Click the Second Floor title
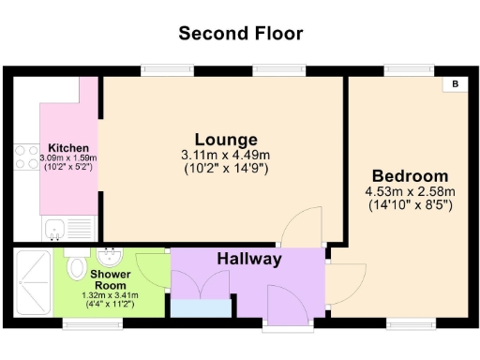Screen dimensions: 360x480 pyautogui.click(x=241, y=34)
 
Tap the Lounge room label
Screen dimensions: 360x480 pyautogui.click(x=226, y=140)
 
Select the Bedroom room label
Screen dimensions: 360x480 pyautogui.click(x=410, y=176)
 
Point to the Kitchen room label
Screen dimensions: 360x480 pyautogui.click(x=68, y=148)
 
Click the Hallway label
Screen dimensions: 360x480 pyautogui.click(x=249, y=259)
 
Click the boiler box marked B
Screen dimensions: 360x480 pyautogui.click(x=456, y=84)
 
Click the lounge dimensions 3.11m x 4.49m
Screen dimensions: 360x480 pyautogui.click(x=225, y=156)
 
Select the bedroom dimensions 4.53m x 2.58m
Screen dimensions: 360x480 pyautogui.click(x=410, y=192)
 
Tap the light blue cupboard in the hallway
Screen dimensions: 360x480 pyautogui.click(x=201, y=308)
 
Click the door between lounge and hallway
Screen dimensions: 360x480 pyautogui.click(x=303, y=230)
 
